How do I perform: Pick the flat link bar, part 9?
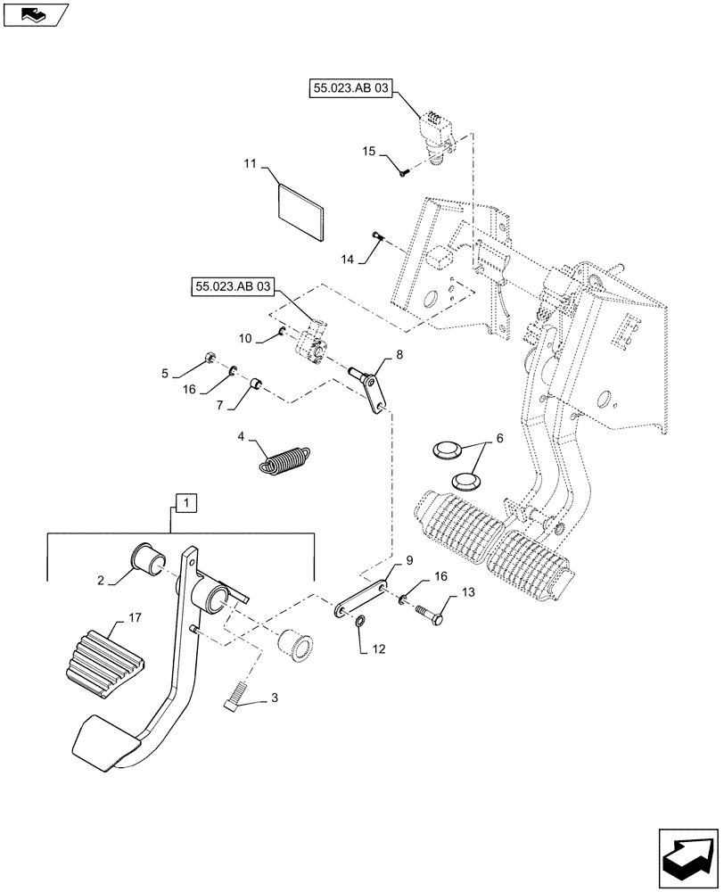point(363,599)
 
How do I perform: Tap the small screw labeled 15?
point(403,172)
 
